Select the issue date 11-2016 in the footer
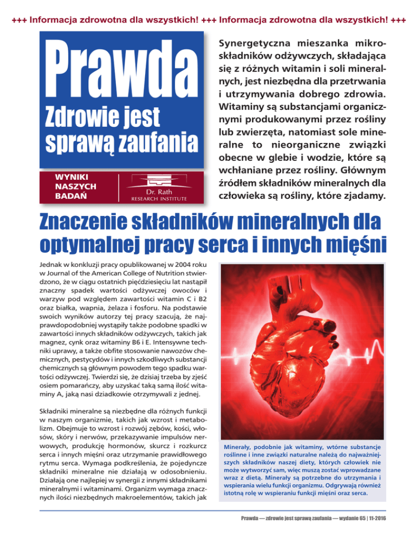point(381,524)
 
